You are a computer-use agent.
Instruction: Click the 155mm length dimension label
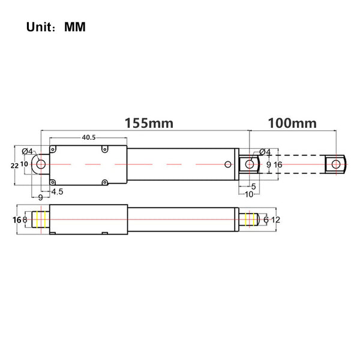pos(149,123)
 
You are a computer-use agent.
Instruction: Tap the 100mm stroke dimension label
pos(292,123)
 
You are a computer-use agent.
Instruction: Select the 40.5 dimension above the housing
pos(89,137)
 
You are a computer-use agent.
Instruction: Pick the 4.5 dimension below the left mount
pos(58,192)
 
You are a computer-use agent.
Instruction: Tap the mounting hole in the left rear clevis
pos(40,164)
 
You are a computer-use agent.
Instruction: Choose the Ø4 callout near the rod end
pos(265,152)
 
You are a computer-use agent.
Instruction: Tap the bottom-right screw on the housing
pos(104,182)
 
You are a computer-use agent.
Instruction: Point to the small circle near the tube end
pos(227,164)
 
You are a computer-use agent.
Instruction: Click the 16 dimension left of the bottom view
pos(15,220)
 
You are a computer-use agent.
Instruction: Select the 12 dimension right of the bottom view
pos(276,220)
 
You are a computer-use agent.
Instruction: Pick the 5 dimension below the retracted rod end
pos(253,187)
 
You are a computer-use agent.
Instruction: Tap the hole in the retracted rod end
pos(249,164)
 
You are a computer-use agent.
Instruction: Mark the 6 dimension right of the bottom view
pos(266,220)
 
